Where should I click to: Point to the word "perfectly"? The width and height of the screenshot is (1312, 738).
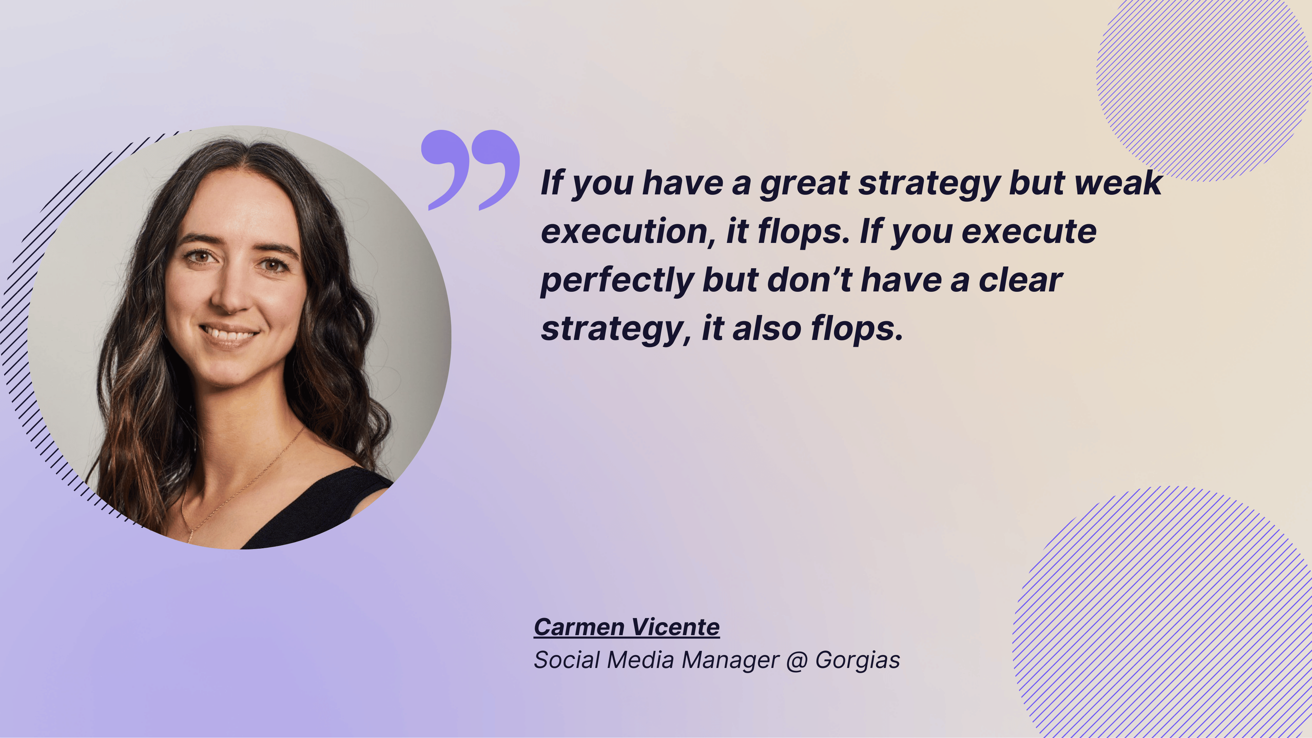pos(617,281)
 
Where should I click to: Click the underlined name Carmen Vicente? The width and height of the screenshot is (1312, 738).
pos(627,627)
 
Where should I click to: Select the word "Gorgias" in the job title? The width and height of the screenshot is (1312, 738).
pos(858,660)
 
